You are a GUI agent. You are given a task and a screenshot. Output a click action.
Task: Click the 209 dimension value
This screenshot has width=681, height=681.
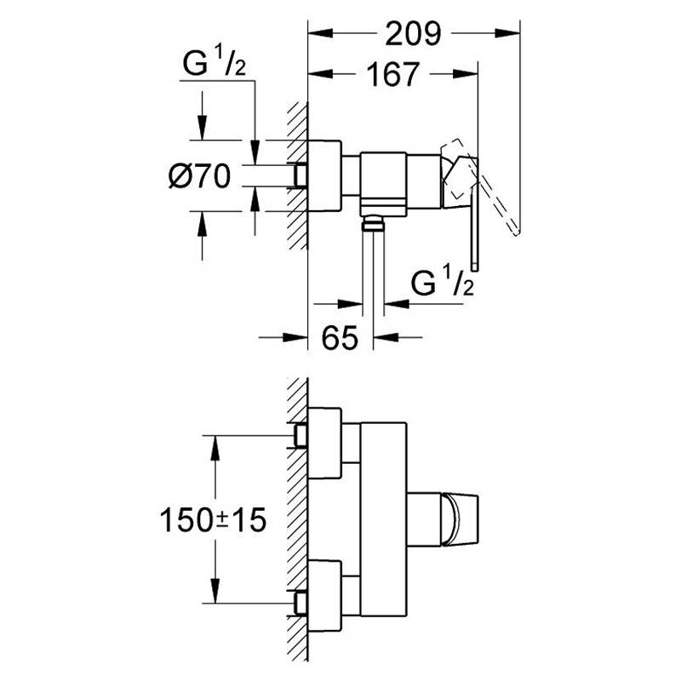413,34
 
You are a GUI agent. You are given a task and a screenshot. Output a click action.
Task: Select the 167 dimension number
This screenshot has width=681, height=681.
393,75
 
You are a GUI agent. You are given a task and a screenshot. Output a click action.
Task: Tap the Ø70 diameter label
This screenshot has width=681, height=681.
200,177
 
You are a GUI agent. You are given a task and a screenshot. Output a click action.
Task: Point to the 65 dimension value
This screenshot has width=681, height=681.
340,337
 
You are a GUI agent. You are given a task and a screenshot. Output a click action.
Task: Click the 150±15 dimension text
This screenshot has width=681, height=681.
213,520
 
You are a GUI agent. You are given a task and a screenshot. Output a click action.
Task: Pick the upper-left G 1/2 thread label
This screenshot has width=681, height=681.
215,63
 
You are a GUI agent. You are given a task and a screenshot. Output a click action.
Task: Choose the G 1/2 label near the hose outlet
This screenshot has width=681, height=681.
442,282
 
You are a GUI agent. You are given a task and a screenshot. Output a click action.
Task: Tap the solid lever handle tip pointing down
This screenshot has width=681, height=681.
475,267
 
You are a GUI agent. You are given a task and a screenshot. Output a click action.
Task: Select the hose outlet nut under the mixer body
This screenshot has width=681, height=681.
373,225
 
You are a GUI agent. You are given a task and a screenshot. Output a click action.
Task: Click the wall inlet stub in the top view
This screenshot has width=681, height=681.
300,176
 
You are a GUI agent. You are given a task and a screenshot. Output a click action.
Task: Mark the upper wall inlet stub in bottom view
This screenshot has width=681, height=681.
300,436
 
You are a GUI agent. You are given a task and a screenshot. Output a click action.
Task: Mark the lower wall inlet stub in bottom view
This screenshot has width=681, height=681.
300,603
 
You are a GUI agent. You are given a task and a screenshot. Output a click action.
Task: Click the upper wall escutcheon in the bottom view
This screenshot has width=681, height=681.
324,443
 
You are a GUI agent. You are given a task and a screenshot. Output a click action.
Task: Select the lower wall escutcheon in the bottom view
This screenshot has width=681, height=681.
324,595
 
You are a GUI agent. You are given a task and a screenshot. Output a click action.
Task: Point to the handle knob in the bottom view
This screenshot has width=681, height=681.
460,519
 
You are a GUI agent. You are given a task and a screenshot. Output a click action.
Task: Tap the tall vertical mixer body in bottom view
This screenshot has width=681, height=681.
384,519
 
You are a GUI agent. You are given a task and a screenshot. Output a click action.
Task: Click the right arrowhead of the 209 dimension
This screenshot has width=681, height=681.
507,33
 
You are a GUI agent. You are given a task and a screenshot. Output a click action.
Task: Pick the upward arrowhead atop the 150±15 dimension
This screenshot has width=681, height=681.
215,448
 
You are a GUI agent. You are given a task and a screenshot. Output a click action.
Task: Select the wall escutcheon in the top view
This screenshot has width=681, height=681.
324,176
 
